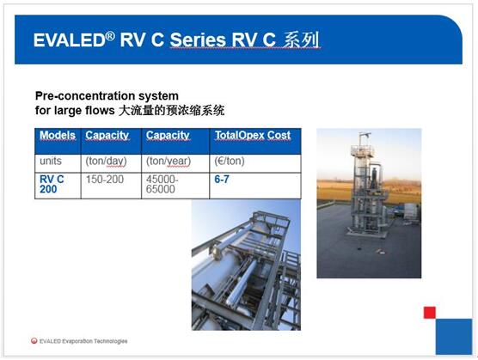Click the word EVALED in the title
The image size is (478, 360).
(x=69, y=40)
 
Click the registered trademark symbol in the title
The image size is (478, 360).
(x=110, y=36)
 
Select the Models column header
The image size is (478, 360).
(x=58, y=135)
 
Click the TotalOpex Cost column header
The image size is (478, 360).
(x=253, y=135)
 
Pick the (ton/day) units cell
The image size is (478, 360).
(x=106, y=162)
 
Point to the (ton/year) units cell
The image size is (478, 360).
(x=169, y=162)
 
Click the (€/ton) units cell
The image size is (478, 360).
(x=230, y=161)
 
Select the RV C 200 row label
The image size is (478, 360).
(x=52, y=184)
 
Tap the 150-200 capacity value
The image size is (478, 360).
(x=105, y=180)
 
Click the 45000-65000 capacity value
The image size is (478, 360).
(x=162, y=184)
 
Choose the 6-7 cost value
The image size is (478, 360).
(x=222, y=180)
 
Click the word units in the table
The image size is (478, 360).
(x=51, y=161)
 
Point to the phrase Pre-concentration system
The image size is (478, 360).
(x=107, y=96)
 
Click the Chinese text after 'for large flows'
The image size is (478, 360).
(x=172, y=110)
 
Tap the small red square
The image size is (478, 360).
(x=430, y=313)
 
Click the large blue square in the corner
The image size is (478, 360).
(x=454, y=337)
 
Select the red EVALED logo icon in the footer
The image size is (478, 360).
(x=34, y=341)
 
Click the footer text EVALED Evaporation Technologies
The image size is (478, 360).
(x=83, y=341)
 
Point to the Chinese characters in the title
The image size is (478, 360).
(x=301, y=40)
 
